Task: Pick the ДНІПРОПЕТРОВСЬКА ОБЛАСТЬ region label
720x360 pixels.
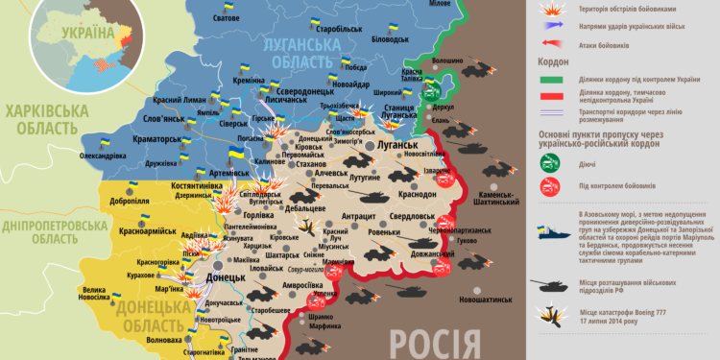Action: point(53,230)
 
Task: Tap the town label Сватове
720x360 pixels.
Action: point(226,19)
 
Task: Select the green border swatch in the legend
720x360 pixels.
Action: point(551,80)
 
